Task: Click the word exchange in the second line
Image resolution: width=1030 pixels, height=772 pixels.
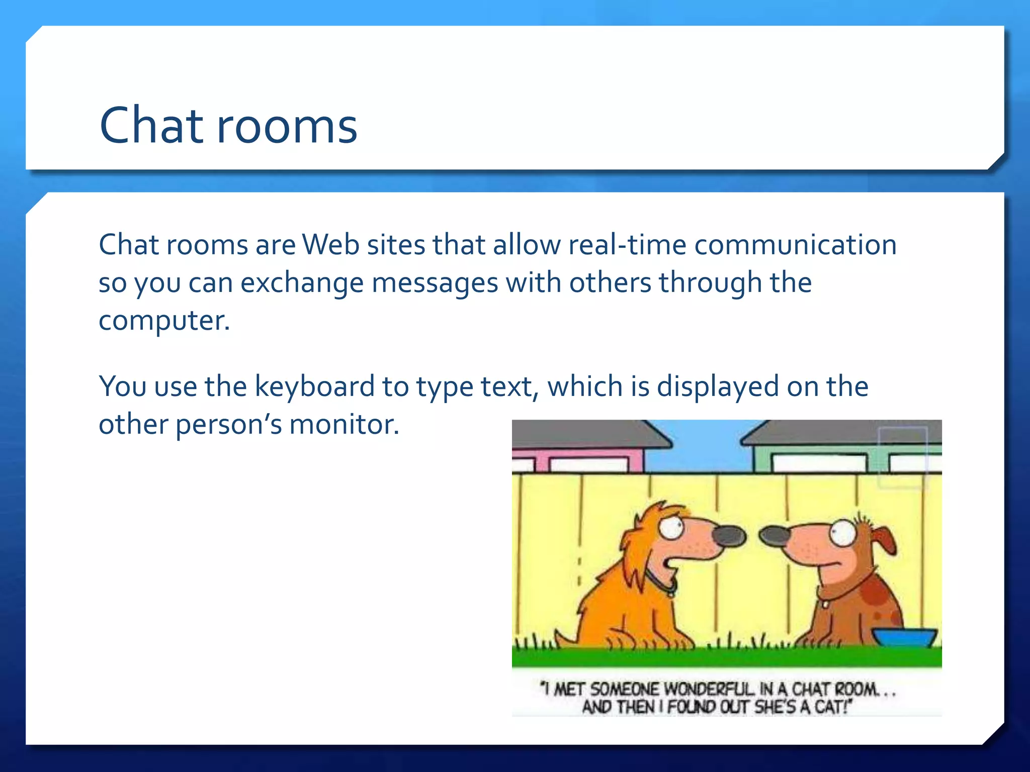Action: (x=302, y=283)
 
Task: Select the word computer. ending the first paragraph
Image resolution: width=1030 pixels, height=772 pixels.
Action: (x=164, y=322)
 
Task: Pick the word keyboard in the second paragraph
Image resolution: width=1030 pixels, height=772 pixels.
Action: (x=315, y=387)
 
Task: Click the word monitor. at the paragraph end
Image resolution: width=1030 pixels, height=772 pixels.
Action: (x=344, y=425)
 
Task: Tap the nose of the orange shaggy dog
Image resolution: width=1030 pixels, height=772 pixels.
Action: (x=729, y=537)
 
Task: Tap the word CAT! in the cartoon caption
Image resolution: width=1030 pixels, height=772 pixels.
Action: (x=831, y=707)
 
